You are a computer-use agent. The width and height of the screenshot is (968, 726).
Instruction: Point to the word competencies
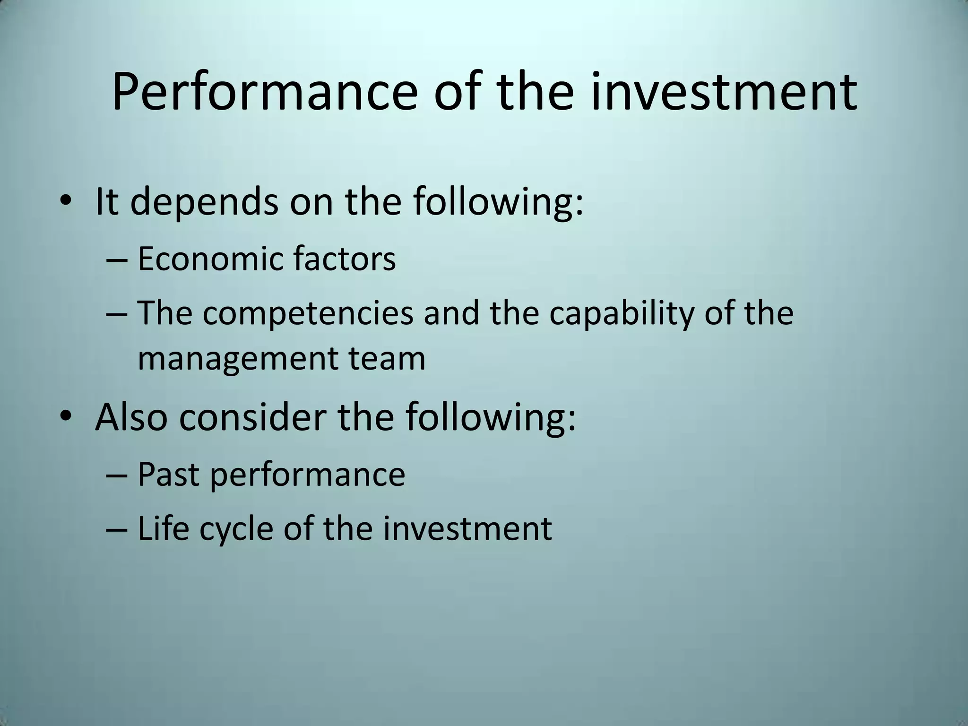(x=308, y=314)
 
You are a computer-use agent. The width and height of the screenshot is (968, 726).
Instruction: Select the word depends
(x=204, y=202)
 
